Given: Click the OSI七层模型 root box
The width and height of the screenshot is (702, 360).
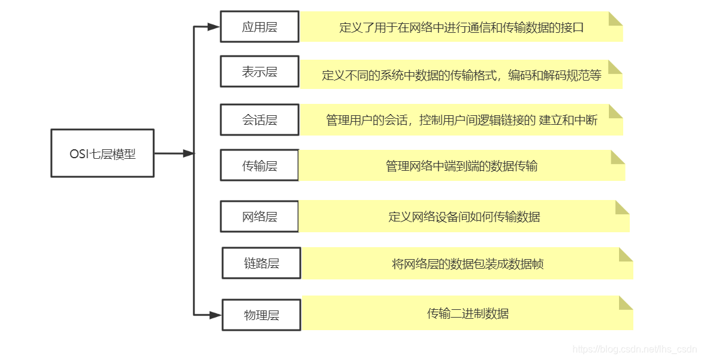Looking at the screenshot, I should [102, 153].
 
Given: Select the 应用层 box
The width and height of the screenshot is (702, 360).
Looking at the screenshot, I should [259, 27].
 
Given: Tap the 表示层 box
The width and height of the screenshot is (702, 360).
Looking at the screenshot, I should [259, 72].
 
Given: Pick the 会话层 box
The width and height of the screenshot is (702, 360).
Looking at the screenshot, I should [259, 120].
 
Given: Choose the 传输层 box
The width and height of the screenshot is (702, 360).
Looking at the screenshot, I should [259, 165].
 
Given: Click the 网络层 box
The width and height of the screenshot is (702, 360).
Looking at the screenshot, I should [259, 216].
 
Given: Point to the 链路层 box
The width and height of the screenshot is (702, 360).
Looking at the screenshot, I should [261, 263].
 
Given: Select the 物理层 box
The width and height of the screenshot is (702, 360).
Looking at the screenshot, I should [261, 315].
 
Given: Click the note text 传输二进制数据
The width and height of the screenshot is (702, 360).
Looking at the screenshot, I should [467, 313].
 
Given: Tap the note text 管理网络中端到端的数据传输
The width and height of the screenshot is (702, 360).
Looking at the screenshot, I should [461, 165].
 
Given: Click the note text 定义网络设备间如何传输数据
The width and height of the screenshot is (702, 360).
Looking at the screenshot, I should [464, 216].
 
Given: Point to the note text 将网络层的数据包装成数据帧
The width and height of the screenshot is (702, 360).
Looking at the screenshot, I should [467, 264].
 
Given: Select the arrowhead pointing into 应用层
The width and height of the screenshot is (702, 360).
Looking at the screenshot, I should [214, 27].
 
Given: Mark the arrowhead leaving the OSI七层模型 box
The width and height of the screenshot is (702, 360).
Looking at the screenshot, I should [189, 153].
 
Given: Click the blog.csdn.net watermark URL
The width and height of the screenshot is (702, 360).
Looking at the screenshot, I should [634, 349].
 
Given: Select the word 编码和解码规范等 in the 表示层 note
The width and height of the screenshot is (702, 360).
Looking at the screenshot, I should [555, 75].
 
